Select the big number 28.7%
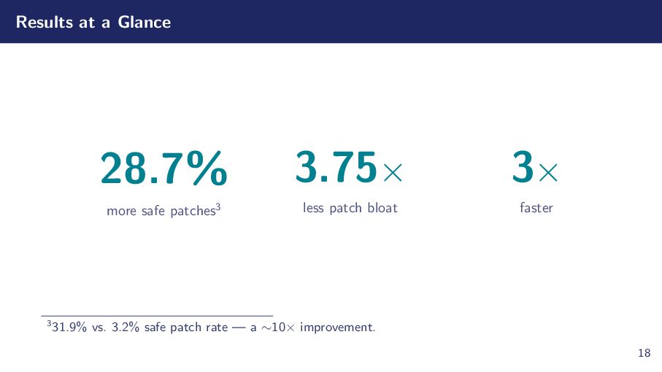click(x=163, y=168)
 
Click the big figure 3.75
click(x=336, y=168)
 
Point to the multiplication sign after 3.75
click(x=392, y=173)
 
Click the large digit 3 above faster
click(x=523, y=168)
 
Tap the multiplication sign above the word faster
click(x=548, y=173)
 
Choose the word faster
click(x=536, y=208)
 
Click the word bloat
click(x=382, y=208)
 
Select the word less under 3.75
click(x=313, y=208)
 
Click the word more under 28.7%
click(x=121, y=212)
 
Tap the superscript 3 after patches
click(x=218, y=207)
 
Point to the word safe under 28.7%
click(x=152, y=212)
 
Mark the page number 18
click(x=644, y=354)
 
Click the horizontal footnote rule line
click(x=157, y=316)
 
